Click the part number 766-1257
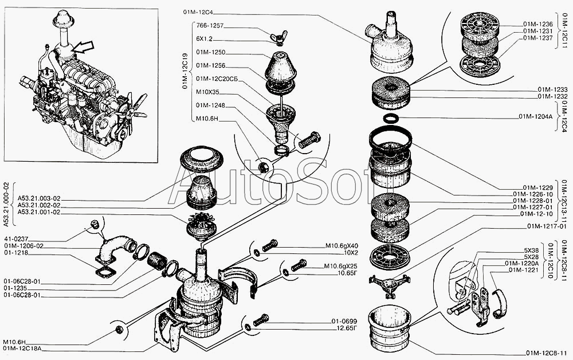click(210, 26)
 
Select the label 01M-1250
click(210, 52)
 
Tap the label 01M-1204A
click(535, 117)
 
